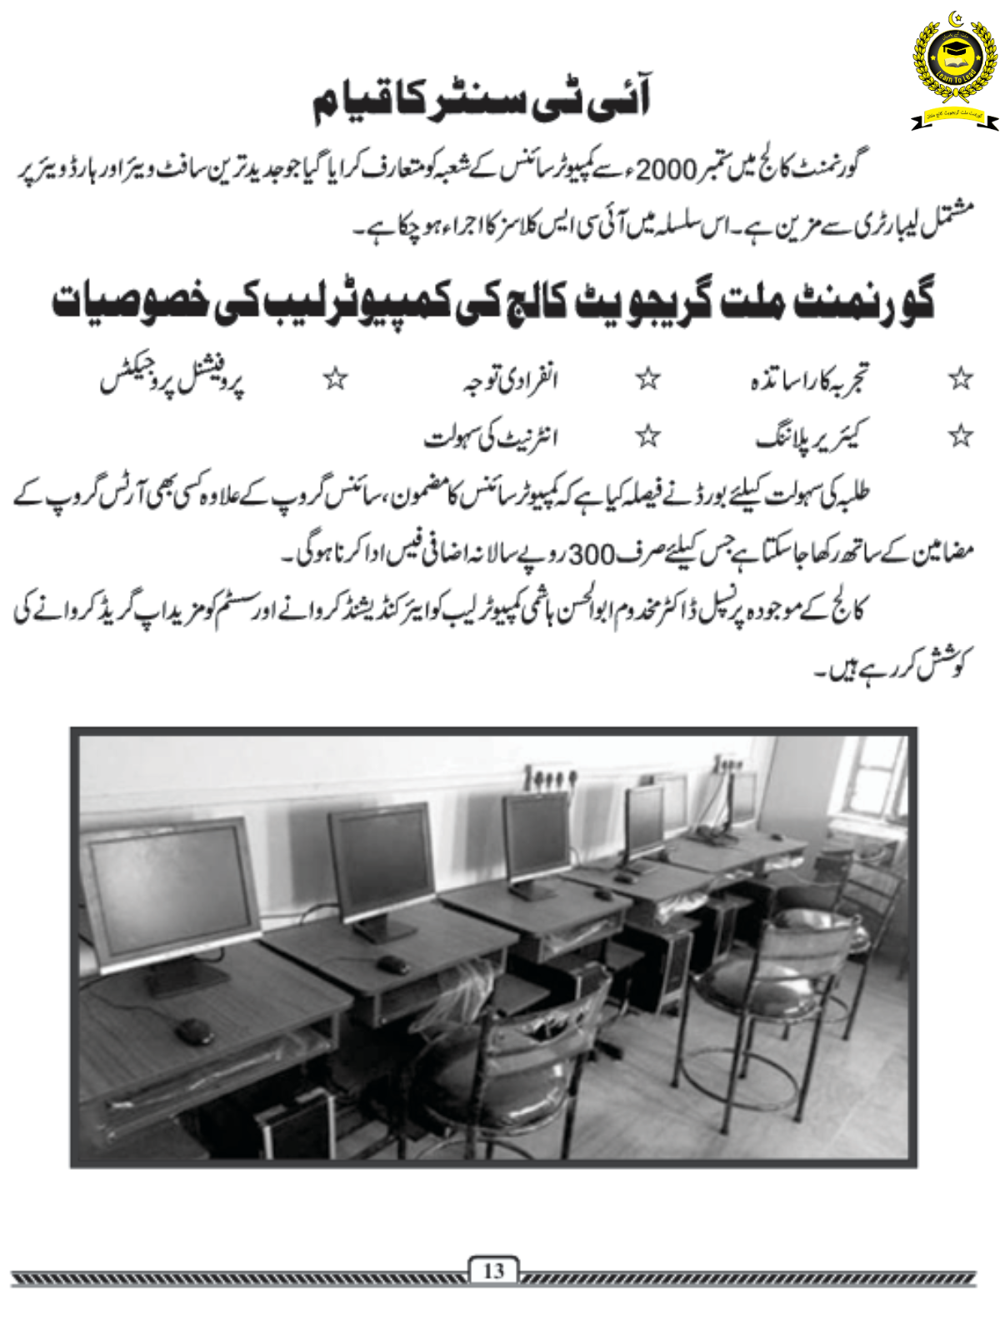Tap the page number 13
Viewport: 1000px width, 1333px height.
(x=493, y=1271)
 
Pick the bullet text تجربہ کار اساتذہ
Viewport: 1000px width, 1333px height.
(x=808, y=380)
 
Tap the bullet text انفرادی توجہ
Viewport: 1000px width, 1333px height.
(x=510, y=380)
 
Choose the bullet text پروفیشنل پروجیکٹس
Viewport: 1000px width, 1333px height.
(x=172, y=380)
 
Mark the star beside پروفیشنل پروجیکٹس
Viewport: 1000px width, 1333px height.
(x=335, y=380)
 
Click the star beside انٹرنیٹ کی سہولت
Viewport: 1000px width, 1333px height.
(x=648, y=435)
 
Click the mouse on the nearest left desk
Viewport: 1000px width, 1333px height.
(x=193, y=1030)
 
